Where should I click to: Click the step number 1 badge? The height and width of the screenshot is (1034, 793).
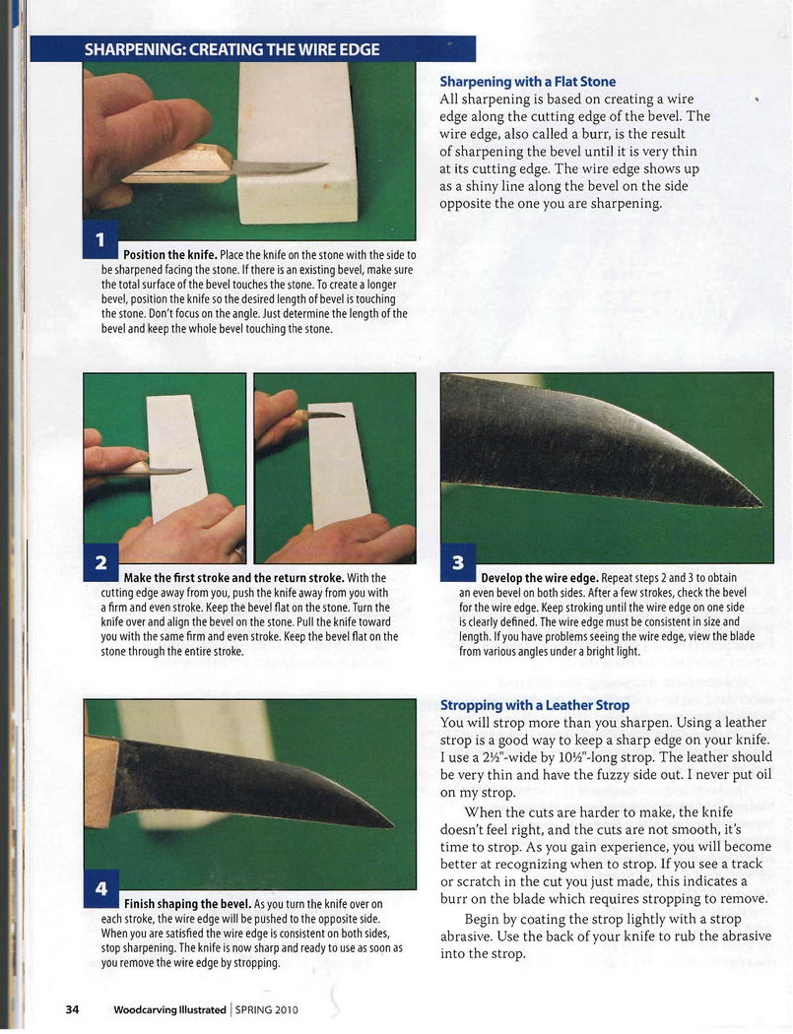pyautogui.click(x=100, y=240)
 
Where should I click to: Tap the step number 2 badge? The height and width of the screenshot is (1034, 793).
pyautogui.click(x=100, y=562)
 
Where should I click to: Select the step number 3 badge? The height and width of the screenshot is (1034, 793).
pyautogui.click(x=458, y=562)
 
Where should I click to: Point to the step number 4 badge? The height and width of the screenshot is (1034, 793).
pyautogui.click(x=101, y=889)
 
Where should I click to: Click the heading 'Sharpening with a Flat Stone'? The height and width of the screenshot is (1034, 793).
pyautogui.click(x=527, y=82)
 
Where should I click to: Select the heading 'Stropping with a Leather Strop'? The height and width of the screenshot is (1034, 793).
pyautogui.click(x=534, y=705)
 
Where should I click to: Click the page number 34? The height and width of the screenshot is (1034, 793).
pyautogui.click(x=72, y=1009)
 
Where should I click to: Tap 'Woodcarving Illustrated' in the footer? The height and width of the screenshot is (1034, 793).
pyautogui.click(x=169, y=1009)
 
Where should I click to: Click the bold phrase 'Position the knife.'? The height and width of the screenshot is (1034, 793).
pyautogui.click(x=170, y=255)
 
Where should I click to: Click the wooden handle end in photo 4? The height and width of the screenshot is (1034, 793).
pyautogui.click(x=101, y=782)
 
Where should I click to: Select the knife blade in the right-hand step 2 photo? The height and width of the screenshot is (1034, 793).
pyautogui.click(x=328, y=416)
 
